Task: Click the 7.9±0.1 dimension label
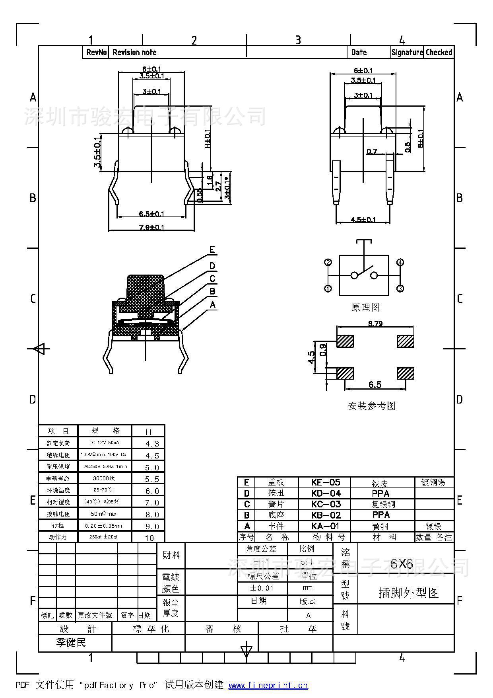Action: [x=151, y=227]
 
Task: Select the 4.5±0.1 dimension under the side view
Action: [x=363, y=219]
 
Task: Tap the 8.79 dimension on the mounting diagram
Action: [x=375, y=324]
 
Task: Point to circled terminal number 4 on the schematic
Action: [x=400, y=262]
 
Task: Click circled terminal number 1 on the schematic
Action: [x=328, y=289]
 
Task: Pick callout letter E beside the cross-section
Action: [x=212, y=250]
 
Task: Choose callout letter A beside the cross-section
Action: [x=213, y=305]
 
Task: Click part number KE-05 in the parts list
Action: [x=325, y=482]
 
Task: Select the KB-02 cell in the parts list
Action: [x=325, y=515]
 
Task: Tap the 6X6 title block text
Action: [x=402, y=563]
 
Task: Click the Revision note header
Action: [x=134, y=52]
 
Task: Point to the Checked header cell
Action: [x=439, y=52]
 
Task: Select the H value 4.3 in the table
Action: [x=152, y=444]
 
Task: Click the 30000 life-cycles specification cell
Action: [x=103, y=478]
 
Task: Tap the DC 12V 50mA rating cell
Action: [x=104, y=443]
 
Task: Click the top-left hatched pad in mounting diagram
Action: [x=345, y=341]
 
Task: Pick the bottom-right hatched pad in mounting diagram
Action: [x=406, y=373]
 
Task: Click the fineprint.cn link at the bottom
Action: [x=268, y=685]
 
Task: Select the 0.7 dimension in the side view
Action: [x=372, y=151]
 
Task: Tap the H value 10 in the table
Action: [x=149, y=538]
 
